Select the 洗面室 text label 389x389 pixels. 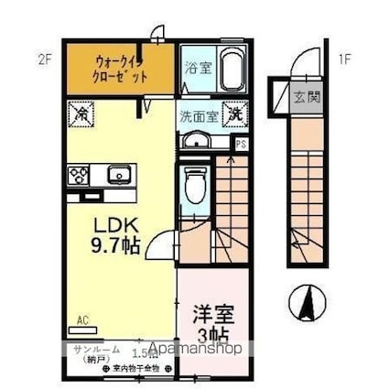[198, 116]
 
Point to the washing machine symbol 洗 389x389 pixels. [235, 114]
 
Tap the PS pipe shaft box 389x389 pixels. [241, 144]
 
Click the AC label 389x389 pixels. [81, 320]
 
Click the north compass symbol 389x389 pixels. [310, 303]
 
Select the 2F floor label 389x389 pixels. [45, 61]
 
